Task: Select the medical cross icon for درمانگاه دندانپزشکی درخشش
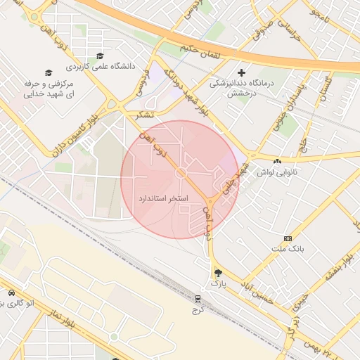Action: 242,72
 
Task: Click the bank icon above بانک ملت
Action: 287,239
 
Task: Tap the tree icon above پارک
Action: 218,272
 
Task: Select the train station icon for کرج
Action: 198,298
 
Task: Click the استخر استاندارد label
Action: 163,199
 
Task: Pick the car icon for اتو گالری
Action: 11,292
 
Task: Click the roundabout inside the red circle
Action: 181,172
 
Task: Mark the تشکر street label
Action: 144,114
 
